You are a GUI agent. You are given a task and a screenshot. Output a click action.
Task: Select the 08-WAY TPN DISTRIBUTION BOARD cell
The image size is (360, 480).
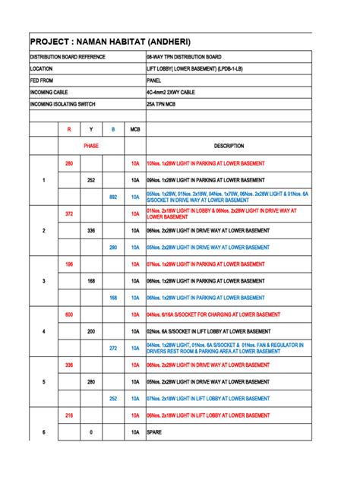click(184, 57)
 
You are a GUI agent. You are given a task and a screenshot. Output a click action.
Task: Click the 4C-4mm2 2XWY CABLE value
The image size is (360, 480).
click(172, 91)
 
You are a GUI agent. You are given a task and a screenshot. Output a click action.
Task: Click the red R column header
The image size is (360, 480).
click(69, 130)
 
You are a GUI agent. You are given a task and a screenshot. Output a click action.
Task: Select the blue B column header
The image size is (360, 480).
click(113, 130)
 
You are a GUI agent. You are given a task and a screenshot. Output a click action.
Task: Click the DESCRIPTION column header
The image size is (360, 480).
click(229, 146)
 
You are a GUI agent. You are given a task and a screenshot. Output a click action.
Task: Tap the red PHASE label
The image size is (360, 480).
click(91, 146)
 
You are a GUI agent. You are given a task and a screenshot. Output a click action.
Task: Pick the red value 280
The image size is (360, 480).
click(69, 163)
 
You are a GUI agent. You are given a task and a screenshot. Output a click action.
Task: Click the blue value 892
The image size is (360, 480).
click(113, 197)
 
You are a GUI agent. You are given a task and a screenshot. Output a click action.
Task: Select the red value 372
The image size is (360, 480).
click(69, 214)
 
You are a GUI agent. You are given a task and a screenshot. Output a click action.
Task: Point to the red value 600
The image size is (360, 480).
click(69, 314)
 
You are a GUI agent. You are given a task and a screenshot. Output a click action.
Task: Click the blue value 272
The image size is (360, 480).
click(113, 348)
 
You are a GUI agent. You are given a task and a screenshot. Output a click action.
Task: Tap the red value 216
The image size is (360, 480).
click(69, 415)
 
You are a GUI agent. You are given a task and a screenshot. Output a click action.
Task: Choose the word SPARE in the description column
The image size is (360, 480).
click(156, 432)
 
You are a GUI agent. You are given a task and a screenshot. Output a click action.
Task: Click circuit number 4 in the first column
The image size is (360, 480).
click(44, 331)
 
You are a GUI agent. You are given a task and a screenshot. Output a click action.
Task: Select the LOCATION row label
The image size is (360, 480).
click(41, 68)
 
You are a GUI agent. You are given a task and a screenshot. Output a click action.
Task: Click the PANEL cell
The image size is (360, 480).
click(154, 80)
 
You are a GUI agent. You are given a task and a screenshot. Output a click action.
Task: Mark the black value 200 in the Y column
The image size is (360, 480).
click(91, 331)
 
